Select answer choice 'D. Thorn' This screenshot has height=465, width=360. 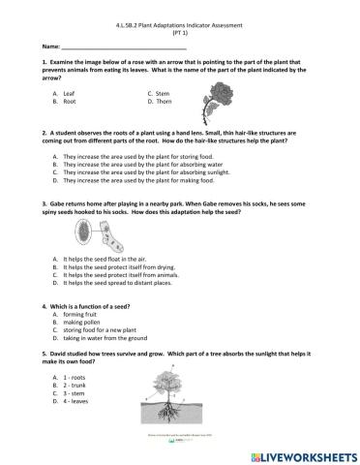158,101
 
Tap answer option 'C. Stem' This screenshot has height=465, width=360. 158,93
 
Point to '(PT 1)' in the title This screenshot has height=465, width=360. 179,32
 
